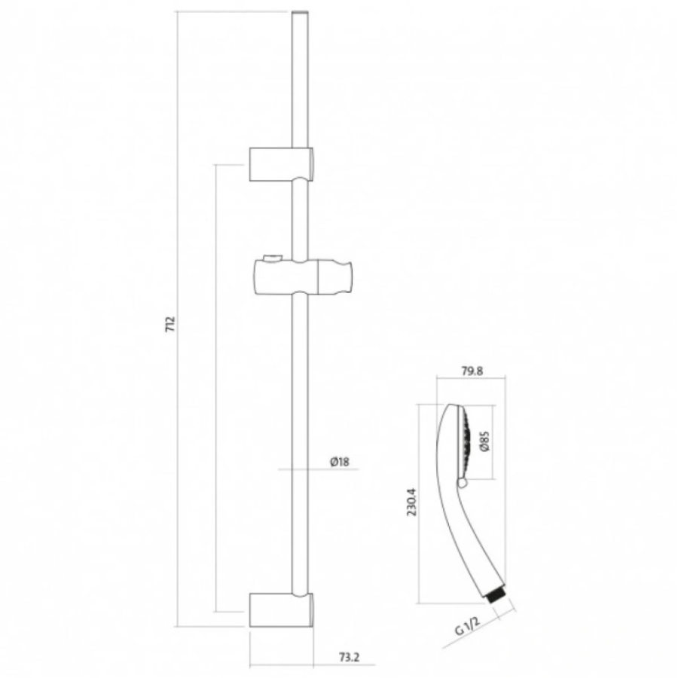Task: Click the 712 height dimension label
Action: [171, 324]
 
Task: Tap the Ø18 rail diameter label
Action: [340, 462]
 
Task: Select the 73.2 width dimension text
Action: [349, 657]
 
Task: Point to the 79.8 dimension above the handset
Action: [472, 371]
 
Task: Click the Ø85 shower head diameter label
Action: [484, 441]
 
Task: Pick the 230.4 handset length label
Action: [411, 502]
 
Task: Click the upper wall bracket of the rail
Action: [281, 164]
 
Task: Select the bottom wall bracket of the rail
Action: [281, 610]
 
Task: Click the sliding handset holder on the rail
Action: [303, 277]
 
